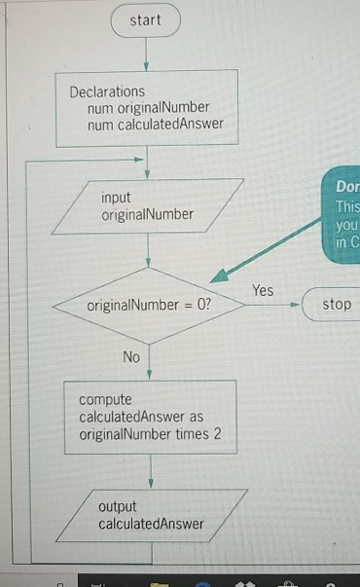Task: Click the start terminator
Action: (x=145, y=19)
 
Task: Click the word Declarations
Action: (x=107, y=92)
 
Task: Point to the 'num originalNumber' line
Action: (x=148, y=107)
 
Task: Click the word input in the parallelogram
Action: (x=116, y=198)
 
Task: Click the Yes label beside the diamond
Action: (x=263, y=290)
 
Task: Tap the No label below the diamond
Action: (x=131, y=357)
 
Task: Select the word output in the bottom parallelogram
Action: (x=118, y=507)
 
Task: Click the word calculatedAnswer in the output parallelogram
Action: (x=151, y=524)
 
